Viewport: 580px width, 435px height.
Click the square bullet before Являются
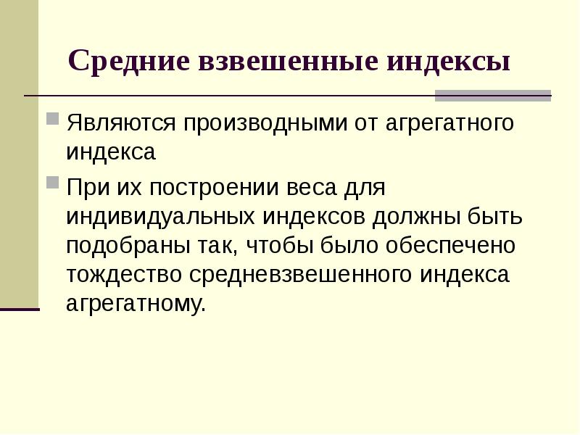pyautogui.click(x=53, y=117)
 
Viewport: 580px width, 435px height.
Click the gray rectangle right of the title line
pyautogui.click(x=493, y=95)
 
